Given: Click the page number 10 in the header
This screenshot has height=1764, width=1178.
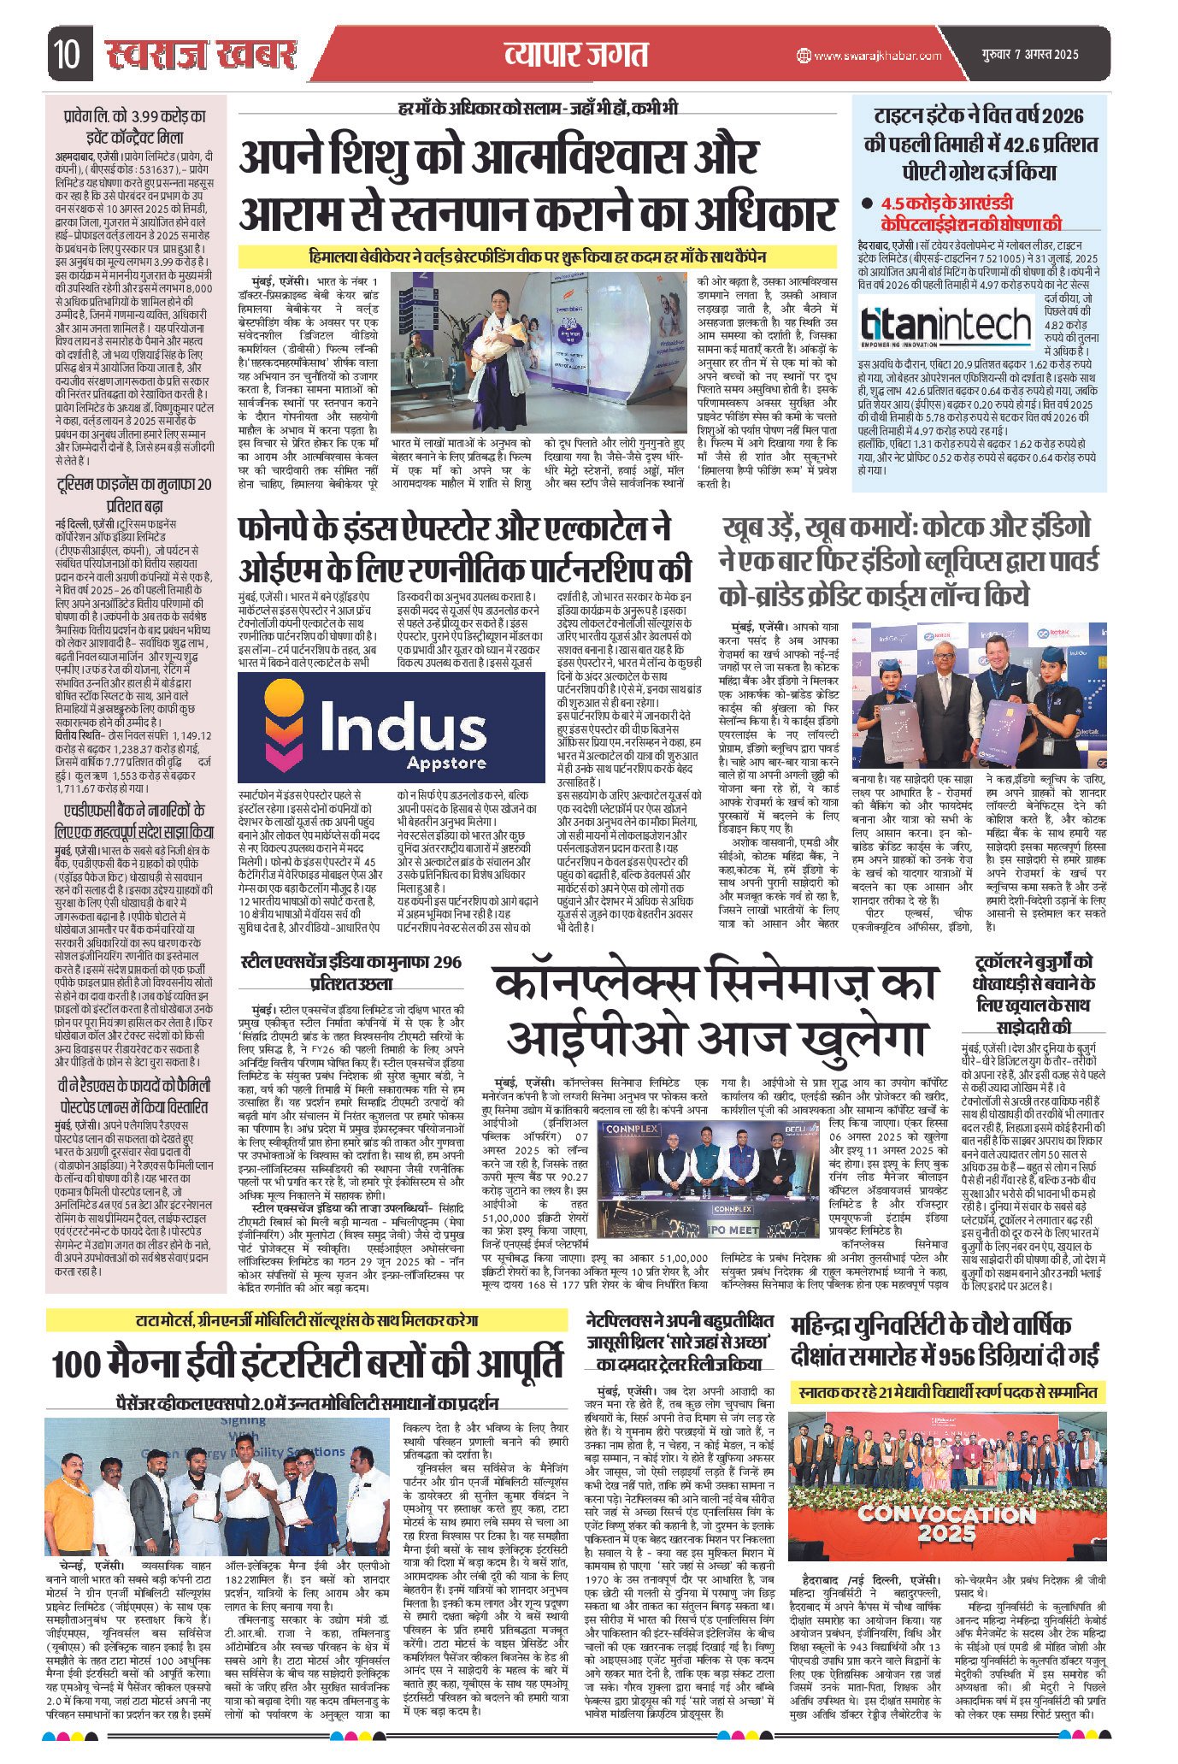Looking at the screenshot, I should click(64, 56).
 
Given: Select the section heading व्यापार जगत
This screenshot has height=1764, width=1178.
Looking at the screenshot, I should click(574, 56).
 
